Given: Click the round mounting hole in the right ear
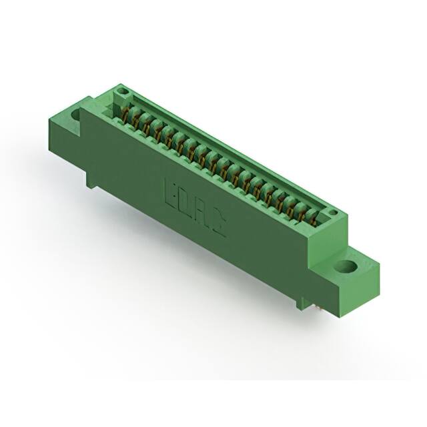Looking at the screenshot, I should (346, 266).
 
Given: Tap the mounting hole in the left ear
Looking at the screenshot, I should (75, 115).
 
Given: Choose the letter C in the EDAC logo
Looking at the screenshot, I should (217, 227).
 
